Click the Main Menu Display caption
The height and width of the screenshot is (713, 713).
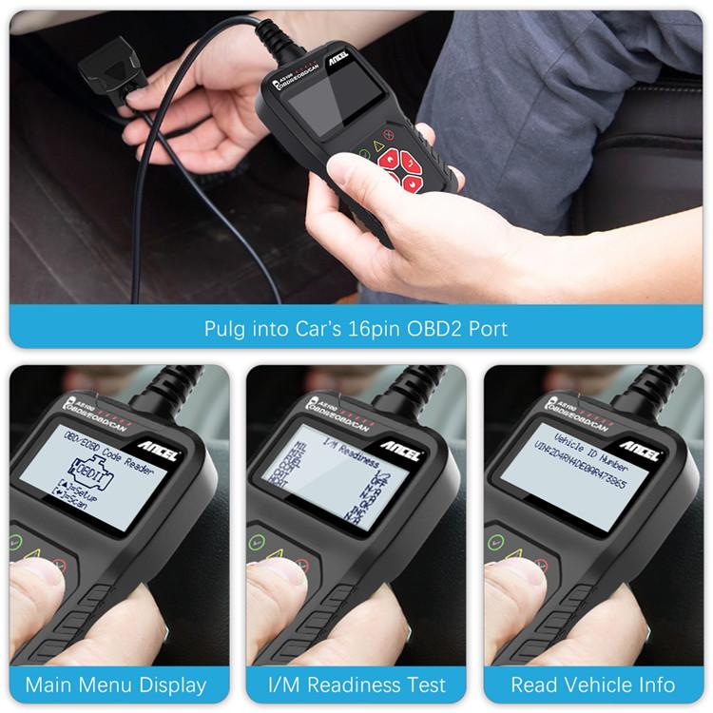coord(116,684)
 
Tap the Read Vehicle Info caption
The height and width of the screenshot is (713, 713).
coord(593,684)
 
